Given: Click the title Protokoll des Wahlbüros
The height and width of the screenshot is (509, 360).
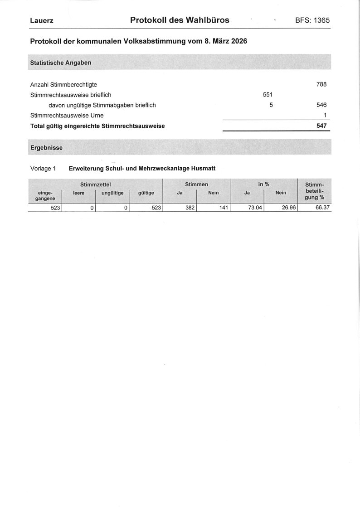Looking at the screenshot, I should pyautogui.click(x=180, y=20).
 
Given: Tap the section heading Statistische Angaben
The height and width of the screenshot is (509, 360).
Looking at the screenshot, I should pyautogui.click(x=61, y=62).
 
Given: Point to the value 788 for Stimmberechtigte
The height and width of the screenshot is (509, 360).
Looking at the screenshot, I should pyautogui.click(x=321, y=84).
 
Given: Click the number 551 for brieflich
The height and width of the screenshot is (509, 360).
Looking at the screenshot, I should pyautogui.click(x=268, y=95).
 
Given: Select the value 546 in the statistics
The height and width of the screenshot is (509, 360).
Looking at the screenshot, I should pyautogui.click(x=321, y=105).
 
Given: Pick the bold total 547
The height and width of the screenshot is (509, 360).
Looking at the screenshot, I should pyautogui.click(x=321, y=126).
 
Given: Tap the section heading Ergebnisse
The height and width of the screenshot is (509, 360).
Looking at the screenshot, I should pyautogui.click(x=46, y=148).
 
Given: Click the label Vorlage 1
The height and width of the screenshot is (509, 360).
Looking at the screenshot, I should pyautogui.click(x=43, y=169).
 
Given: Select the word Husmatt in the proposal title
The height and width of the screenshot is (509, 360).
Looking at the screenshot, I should pyautogui.click(x=203, y=169).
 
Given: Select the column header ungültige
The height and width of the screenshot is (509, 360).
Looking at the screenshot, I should pyautogui.click(x=112, y=193).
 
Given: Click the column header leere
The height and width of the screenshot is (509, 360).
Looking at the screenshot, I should pyautogui.click(x=79, y=193).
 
